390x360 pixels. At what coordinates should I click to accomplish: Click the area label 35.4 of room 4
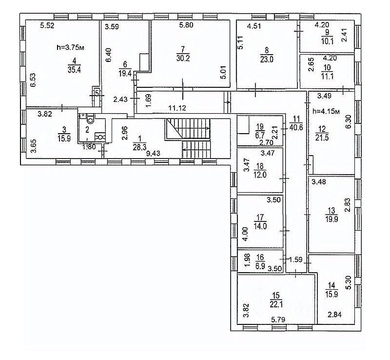coord(74,70)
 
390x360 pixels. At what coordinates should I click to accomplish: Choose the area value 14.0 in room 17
coord(260,225)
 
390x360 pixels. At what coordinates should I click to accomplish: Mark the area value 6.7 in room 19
coord(259,134)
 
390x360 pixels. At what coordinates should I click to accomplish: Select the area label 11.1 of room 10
coord(323,76)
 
